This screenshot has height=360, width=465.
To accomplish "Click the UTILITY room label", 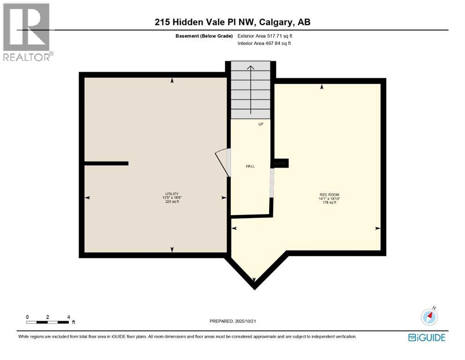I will point(172,194).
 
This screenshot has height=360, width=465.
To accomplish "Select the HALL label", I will point(251,166).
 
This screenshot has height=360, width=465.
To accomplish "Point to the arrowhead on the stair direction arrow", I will point(251,68).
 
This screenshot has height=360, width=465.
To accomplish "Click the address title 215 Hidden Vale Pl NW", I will point(232,22).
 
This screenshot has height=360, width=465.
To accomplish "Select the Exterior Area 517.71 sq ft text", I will point(267,36).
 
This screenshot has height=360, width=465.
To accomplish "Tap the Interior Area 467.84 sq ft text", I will point(267,43).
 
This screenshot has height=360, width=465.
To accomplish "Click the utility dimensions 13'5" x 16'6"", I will point(172,198).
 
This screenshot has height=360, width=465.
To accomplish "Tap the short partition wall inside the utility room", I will point(106,163).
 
